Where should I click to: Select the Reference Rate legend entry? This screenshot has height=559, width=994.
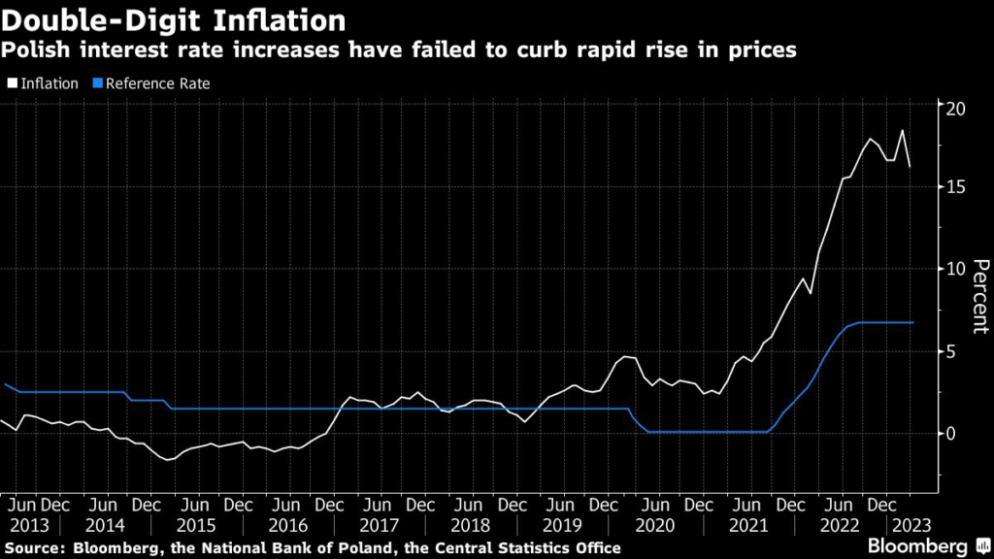(156, 83)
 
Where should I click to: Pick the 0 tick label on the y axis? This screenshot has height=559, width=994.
(950, 433)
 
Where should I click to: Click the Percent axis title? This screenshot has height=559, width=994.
(979, 296)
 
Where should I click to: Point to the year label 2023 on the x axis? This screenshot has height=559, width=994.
(912, 525)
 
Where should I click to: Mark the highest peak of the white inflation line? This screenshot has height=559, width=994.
(902, 130)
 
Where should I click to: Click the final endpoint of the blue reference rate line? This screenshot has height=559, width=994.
(912, 322)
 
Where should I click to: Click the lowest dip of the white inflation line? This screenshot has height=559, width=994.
(170, 460)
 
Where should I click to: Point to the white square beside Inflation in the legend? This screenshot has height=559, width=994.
(11, 84)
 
